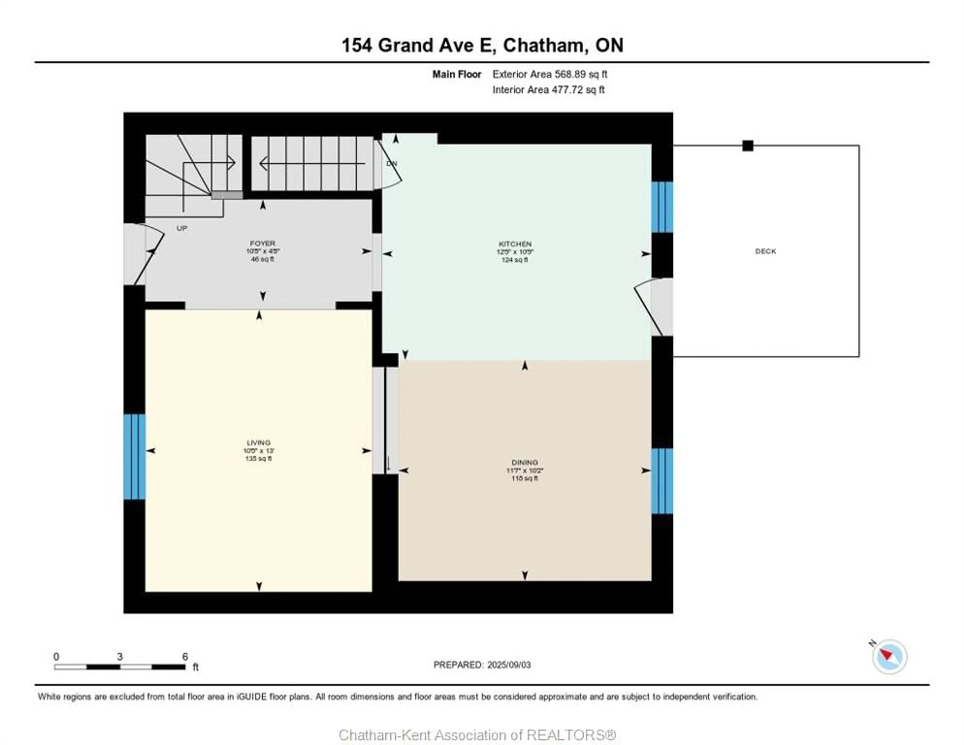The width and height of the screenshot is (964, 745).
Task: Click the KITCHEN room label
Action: tap(515, 244)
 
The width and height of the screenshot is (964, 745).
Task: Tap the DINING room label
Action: tap(524, 462)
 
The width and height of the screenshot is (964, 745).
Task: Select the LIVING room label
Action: tap(258, 442)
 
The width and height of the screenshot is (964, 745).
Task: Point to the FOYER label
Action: tap(263, 243)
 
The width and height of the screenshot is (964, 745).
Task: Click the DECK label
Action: tap(765, 251)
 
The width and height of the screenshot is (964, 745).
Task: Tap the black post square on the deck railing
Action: tap(748, 146)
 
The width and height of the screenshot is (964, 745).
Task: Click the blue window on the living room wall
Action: tap(134, 457)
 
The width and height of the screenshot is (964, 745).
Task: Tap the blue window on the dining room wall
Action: tap(662, 481)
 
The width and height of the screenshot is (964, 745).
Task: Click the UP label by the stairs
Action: tap(182, 228)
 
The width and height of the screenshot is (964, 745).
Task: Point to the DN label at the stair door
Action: tap(392, 163)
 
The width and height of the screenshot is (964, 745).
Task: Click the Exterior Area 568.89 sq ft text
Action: tap(550, 74)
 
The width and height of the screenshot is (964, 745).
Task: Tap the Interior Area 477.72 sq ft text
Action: tap(548, 90)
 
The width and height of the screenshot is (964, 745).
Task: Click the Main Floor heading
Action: tap(456, 74)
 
